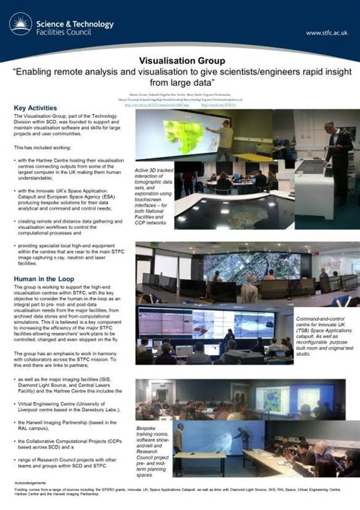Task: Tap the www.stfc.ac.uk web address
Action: pyautogui.click(x=326, y=33)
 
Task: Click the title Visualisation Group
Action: pyautogui.click(x=180, y=59)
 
